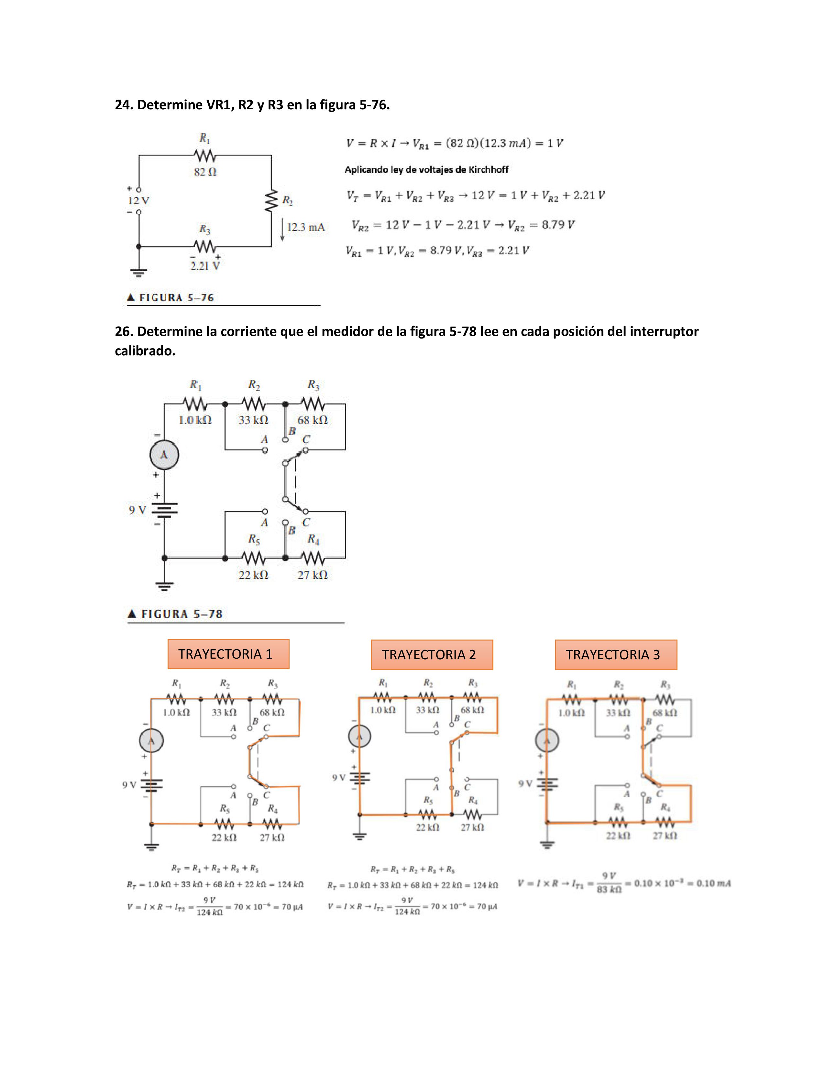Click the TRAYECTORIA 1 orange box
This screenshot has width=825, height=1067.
[228, 654]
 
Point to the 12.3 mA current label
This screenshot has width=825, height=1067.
[305, 227]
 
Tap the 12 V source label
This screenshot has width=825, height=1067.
[138, 201]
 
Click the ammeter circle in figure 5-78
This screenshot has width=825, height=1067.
[164, 455]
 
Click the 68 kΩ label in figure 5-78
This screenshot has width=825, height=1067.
[312, 420]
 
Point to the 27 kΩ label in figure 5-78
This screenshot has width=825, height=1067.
[312, 575]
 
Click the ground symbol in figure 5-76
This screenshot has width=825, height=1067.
[139, 272]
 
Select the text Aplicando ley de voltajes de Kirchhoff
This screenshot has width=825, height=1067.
[426, 169]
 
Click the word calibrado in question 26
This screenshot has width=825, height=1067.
[145, 351]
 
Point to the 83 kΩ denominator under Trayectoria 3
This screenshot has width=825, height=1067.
[609, 889]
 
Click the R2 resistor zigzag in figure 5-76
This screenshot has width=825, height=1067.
[271, 201]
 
